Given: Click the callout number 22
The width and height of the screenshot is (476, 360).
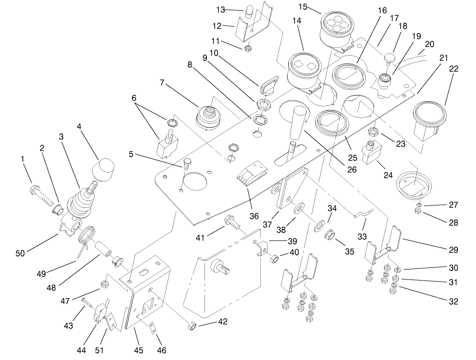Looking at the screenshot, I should (454, 69).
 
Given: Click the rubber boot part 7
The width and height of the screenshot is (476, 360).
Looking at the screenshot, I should (209, 116).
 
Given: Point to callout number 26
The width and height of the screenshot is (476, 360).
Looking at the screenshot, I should (351, 170).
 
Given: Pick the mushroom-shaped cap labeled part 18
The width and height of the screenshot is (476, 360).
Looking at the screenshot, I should (388, 58).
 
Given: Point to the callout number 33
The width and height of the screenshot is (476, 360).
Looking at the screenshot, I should (362, 236).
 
